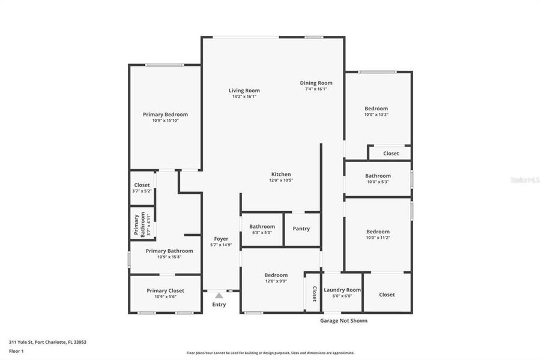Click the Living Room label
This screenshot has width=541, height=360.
coord(244,91)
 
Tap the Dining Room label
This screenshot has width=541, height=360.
coord(316,83)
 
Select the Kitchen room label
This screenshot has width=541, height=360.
coord(280,174)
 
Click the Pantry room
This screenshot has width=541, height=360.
coord(301,229)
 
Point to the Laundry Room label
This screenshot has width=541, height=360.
coord(342,290)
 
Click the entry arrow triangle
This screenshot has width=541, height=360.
coord(219,295)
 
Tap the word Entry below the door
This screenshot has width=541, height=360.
coord(219,305)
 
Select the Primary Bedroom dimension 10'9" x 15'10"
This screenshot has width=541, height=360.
coord(165,120)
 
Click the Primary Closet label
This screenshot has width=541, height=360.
coord(165,290)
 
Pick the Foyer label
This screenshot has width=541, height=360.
coord(222,239)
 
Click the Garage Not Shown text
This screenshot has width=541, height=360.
coord(343,320)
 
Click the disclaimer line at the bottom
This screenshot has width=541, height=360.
coord(270,353)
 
